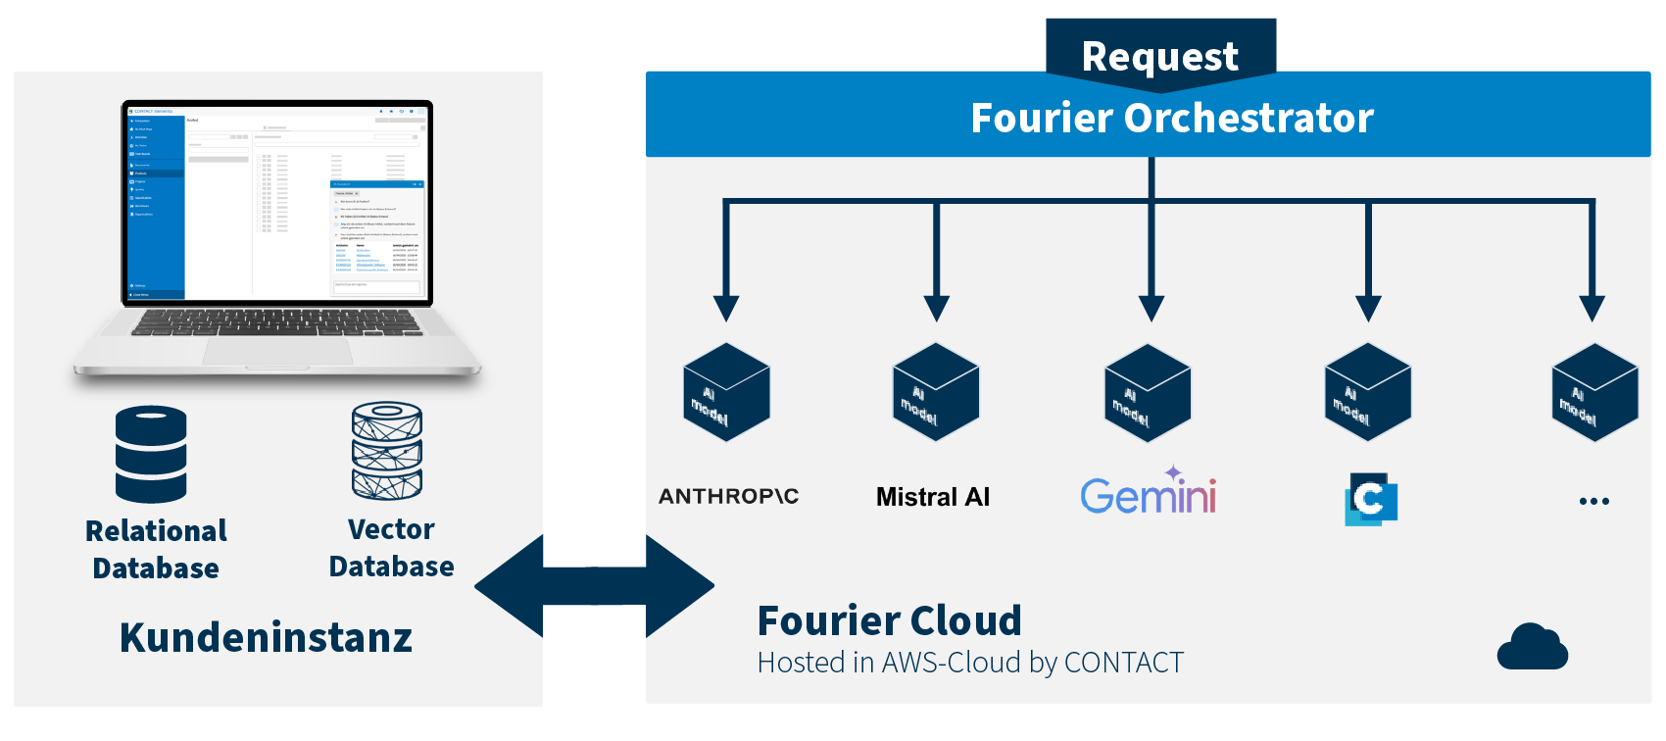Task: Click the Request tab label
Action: (1160, 56)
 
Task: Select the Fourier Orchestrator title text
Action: (1172, 118)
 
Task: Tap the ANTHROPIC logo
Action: (728, 496)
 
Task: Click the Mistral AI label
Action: (933, 497)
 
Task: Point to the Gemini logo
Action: (1148, 493)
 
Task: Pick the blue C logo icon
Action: (1370, 499)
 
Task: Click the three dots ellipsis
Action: (1593, 501)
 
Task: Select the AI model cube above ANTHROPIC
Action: (726, 393)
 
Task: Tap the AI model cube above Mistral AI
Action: (936, 392)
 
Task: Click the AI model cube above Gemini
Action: (1148, 393)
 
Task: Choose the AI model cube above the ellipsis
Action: (1594, 392)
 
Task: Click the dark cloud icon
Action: (1532, 647)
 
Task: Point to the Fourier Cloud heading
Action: (889, 620)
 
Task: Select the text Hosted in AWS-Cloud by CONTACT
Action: (970, 663)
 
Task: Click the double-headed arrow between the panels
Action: (594, 586)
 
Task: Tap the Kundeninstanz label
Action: (266, 637)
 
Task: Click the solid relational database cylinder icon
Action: (151, 454)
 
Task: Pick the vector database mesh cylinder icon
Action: (387, 451)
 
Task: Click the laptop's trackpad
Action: (275, 350)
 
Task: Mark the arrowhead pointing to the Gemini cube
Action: (1151, 308)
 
